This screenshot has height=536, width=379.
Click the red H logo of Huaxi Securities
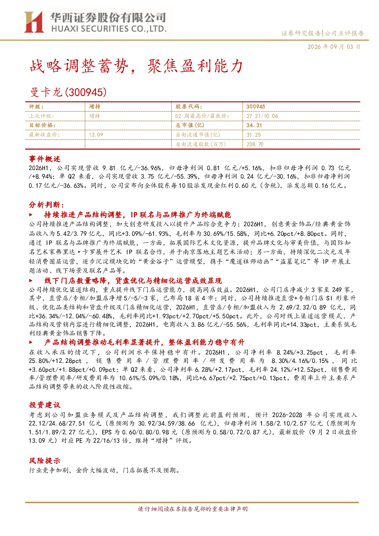coord(34,22)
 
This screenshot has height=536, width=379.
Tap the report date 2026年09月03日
coord(334,47)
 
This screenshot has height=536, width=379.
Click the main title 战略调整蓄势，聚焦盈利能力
coord(136,66)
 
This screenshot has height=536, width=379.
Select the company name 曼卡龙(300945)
coord(68,92)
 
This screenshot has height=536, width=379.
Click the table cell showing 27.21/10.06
coord(262,116)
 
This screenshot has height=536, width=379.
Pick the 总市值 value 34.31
coord(254,125)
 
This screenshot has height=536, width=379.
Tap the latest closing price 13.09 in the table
coord(96,135)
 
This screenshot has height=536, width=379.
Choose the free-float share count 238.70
coord(255,144)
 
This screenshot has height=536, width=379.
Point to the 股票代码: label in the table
coord(189,107)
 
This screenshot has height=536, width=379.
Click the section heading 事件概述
coord(45,159)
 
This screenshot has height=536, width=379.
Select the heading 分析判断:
coord(47,205)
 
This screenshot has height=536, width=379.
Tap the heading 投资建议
coord(45,405)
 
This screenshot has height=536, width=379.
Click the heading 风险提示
coord(45,460)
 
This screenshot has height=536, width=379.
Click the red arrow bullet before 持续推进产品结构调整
coord(31,215)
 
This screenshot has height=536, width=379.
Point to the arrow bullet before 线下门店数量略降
coord(31,281)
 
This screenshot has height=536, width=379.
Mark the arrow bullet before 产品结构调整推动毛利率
coord(31,342)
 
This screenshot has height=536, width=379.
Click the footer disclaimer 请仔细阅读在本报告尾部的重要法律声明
coord(193,509)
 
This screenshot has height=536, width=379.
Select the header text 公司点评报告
coord(344,33)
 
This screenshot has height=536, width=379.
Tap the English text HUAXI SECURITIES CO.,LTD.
coord(109,29)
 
